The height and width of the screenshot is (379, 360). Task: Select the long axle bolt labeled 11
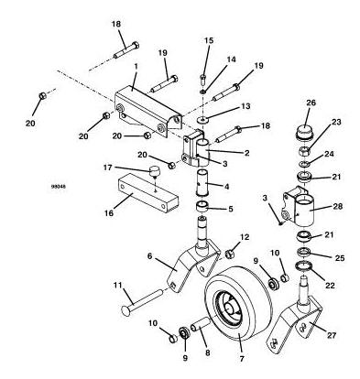[142, 300]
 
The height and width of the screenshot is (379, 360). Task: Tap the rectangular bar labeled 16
[147, 193]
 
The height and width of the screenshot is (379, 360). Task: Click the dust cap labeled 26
[304, 133]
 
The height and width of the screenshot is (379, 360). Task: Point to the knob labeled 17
[155, 170]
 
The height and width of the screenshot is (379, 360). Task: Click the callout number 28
[338, 206]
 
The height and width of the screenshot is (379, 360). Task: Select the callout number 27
[332, 335]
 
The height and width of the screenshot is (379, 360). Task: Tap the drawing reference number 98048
[59, 186]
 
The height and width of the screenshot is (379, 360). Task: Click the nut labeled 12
[229, 254]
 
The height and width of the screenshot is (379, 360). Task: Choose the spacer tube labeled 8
[200, 324]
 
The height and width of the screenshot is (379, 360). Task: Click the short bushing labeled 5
[202, 207]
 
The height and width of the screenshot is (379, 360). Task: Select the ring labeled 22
[304, 266]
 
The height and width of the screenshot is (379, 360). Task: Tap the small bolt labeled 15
[203, 79]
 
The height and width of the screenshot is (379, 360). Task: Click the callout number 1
[136, 65]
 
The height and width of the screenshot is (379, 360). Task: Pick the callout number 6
[149, 256]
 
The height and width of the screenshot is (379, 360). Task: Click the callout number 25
[340, 258]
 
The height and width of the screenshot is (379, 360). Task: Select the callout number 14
[231, 59]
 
